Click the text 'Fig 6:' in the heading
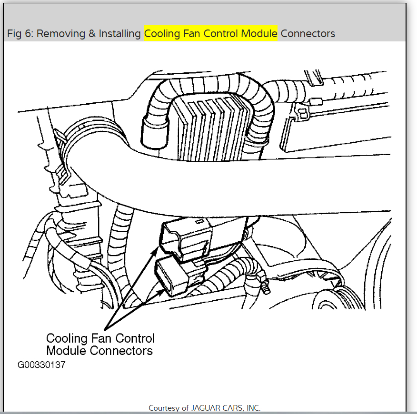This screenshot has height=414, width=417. [x=20, y=34]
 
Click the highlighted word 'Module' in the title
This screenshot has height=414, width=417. [x=259, y=34]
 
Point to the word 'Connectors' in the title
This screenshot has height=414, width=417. [x=308, y=34]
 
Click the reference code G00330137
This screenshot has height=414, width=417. [x=41, y=365]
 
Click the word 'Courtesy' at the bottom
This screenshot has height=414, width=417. [x=165, y=408]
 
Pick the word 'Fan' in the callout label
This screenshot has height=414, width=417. [x=102, y=338]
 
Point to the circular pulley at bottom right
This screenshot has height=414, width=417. [x=336, y=305]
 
